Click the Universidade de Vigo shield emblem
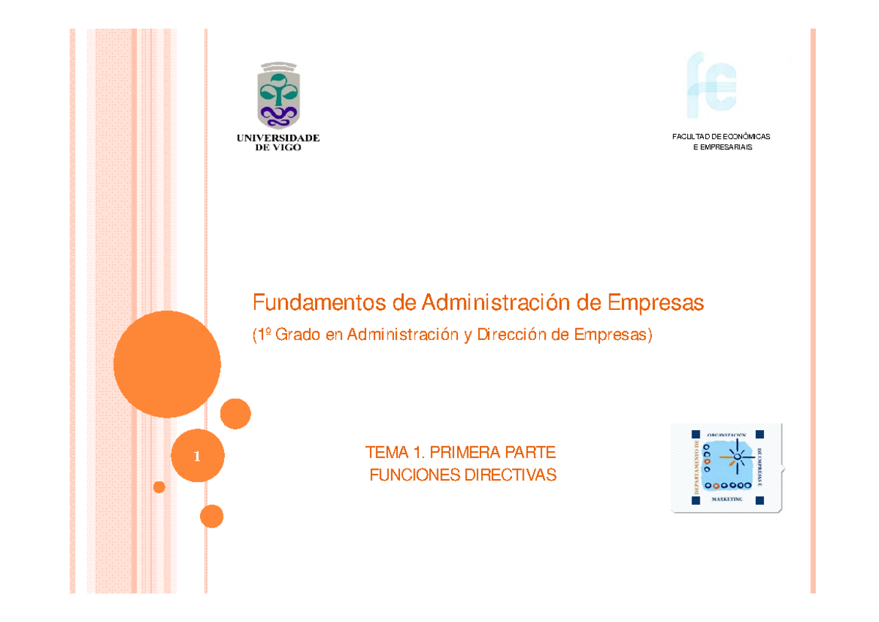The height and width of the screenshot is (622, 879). [x=278, y=95]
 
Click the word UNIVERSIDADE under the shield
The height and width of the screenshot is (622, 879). [x=278, y=137]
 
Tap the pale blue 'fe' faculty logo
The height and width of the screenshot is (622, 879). [x=711, y=85]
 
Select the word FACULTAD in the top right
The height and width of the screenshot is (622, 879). [x=691, y=137]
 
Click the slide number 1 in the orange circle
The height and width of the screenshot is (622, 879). [x=197, y=456]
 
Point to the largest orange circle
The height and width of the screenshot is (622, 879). [x=167, y=364]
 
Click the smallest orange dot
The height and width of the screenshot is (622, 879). [x=159, y=487]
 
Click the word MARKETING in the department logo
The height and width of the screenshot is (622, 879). [x=727, y=499]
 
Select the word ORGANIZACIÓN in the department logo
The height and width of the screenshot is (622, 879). [x=727, y=434]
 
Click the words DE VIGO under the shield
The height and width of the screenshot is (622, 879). [x=278, y=147]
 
